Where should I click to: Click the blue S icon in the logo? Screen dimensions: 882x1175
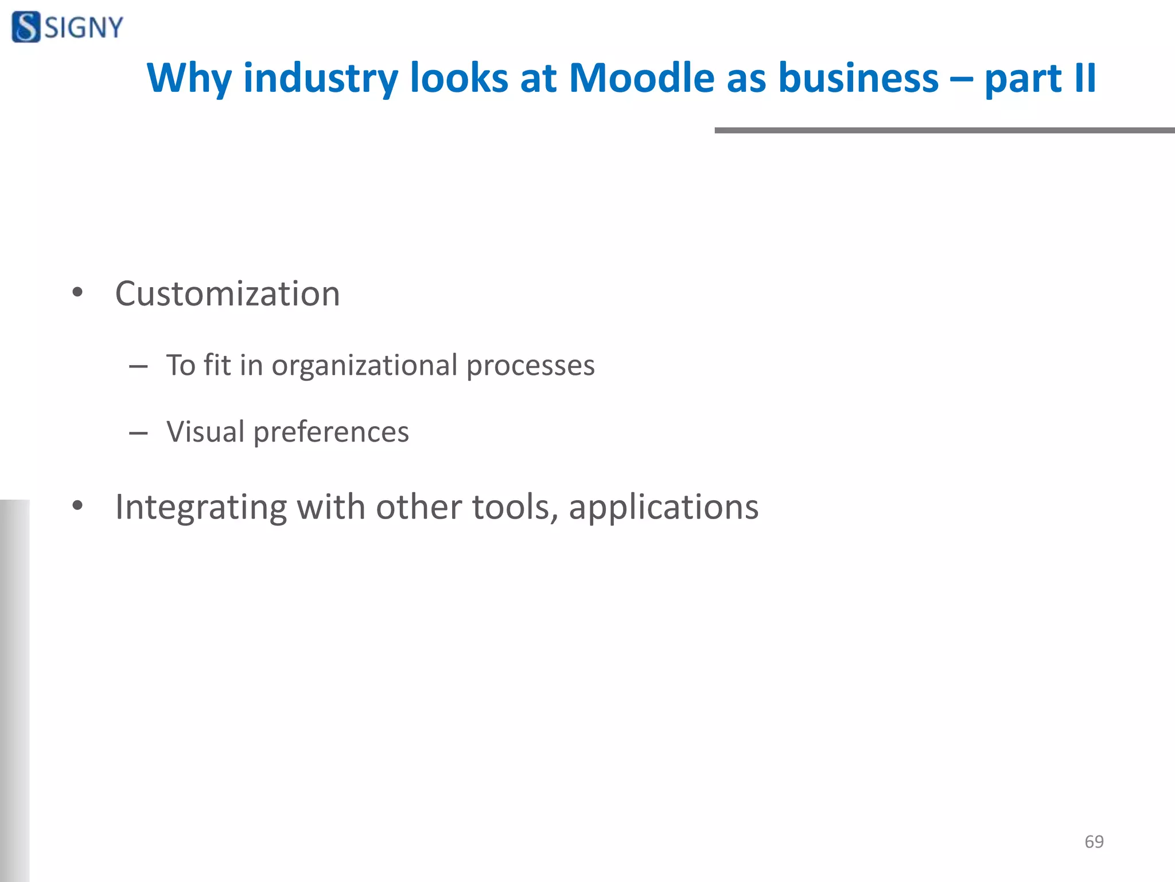[26, 27]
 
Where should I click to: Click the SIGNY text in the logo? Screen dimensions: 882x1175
[84, 28]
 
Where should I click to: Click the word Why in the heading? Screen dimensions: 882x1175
[189, 79]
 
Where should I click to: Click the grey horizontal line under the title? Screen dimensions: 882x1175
[944, 130]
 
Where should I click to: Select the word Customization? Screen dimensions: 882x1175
[227, 294]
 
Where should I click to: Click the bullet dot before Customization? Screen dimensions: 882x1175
[77, 293]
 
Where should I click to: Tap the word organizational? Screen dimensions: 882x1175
[364, 366]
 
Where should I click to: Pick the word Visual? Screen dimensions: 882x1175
[205, 432]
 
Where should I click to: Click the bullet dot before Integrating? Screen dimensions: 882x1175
[77, 506]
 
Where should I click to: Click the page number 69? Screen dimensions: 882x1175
[1094, 842]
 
